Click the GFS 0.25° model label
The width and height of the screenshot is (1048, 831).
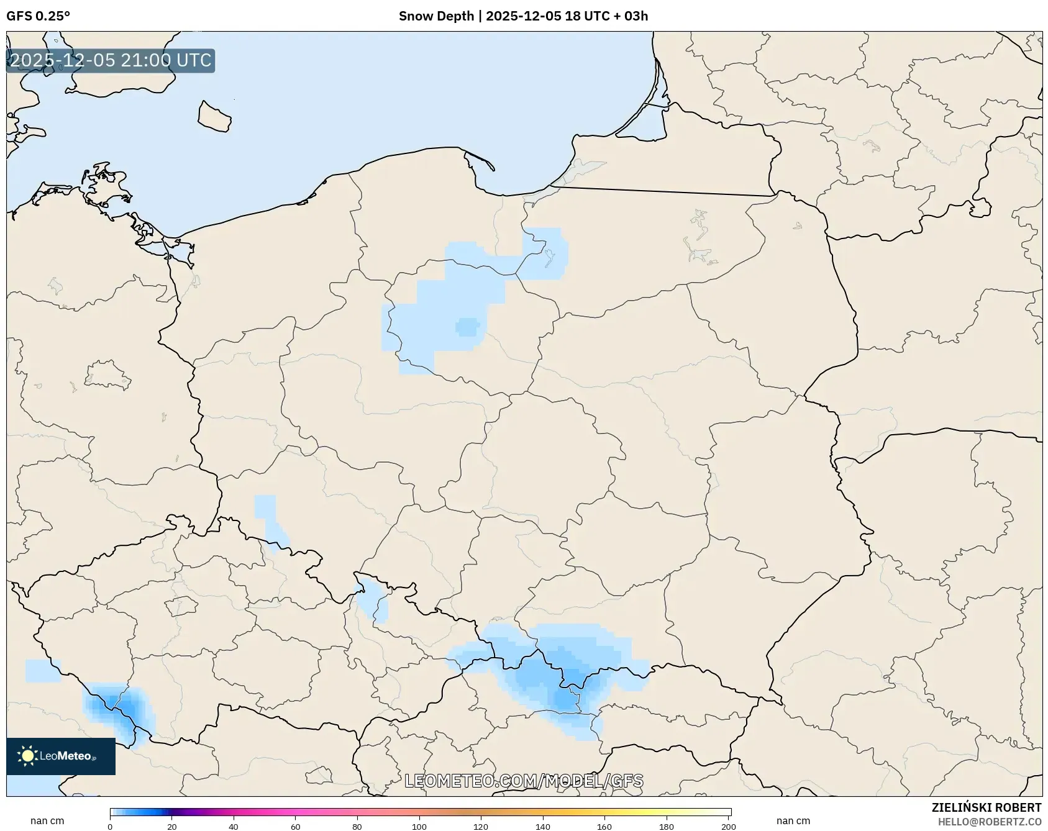tap(38, 16)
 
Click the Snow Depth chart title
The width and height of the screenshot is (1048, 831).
tap(523, 16)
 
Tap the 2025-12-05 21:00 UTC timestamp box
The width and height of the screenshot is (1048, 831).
tap(111, 61)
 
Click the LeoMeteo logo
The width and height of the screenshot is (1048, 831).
tap(61, 756)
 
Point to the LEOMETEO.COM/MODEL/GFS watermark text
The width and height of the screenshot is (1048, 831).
tap(524, 781)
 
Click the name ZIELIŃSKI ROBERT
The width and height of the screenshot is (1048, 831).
tap(986, 807)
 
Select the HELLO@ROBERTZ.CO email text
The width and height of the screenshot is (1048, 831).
tap(989, 822)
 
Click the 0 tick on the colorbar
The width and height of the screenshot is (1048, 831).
tap(111, 827)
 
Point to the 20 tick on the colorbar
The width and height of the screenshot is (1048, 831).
tap(172, 827)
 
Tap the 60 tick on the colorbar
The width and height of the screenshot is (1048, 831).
tap(296, 827)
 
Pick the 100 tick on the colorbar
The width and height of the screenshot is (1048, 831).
tap(419, 827)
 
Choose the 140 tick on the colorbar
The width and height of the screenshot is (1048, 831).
tap(543, 827)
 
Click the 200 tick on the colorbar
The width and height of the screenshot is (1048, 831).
tap(729, 827)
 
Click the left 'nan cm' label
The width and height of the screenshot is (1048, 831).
tap(47, 821)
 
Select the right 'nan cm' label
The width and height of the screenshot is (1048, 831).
tap(793, 821)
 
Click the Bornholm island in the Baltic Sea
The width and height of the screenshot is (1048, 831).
tap(214, 116)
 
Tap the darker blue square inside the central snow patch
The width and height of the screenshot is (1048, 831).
tap(468, 327)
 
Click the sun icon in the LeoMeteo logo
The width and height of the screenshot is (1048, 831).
tap(27, 756)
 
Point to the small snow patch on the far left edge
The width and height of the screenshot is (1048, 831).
tap(43, 671)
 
